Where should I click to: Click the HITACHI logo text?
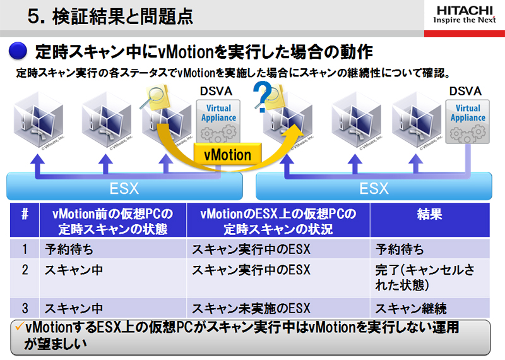click(466, 10)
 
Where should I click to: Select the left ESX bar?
click(125, 188)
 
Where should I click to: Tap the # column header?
click(25, 214)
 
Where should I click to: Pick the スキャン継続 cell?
click(411, 309)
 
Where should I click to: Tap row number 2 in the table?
click(25, 270)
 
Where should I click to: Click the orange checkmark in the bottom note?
click(18, 327)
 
